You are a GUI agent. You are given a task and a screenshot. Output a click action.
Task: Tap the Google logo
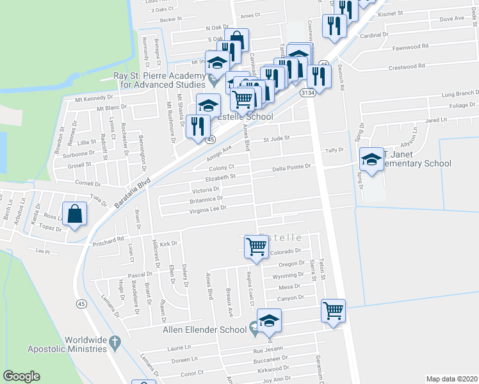[21, 376]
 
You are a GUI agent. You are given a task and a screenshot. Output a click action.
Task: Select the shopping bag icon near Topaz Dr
[75, 214]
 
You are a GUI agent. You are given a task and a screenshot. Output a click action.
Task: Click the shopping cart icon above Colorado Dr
[256, 246]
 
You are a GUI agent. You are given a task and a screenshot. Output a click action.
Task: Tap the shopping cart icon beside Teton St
[333, 311]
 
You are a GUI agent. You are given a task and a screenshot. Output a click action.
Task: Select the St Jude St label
[277, 138]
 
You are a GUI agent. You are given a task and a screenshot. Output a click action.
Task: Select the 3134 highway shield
[308, 93]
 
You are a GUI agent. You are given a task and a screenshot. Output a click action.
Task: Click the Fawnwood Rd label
[410, 47]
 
